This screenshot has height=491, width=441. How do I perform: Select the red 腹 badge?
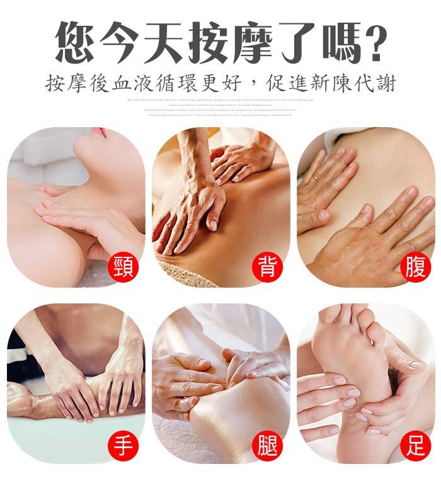pos(415,268)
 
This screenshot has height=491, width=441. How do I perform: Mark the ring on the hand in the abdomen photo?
pos(315,179)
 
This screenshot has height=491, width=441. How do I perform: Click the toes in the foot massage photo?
pos(343,312)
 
